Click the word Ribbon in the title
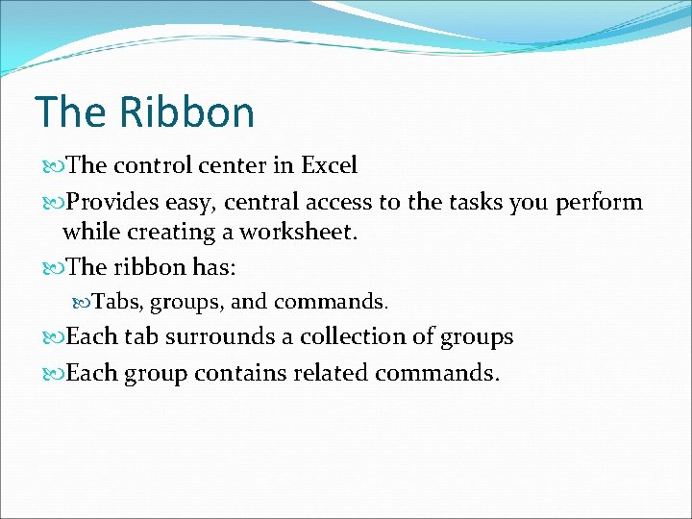click(x=186, y=111)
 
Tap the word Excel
click(x=329, y=165)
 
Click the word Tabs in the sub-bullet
click(x=116, y=302)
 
